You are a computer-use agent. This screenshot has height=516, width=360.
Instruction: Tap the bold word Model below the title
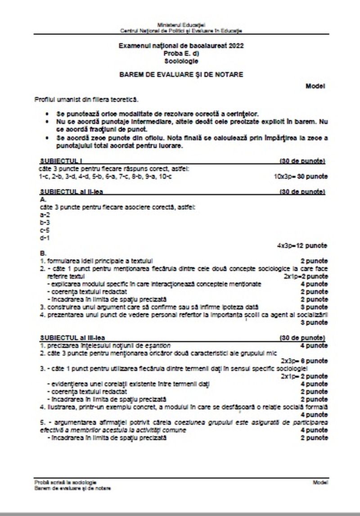(315, 86)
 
